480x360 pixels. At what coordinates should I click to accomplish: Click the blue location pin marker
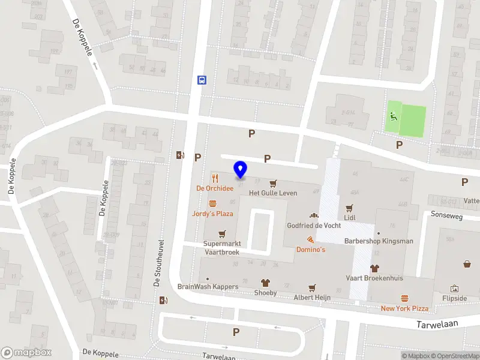241,170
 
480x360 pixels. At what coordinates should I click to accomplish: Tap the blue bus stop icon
202,80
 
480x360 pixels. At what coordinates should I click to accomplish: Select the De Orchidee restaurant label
215,188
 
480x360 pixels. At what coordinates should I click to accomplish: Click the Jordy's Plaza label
212,214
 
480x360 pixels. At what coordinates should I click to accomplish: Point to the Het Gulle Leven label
273,193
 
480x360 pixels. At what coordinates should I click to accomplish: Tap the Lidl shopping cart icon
349,209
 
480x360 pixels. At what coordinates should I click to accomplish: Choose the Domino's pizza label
311,249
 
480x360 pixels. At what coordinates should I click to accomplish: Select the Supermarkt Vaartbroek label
221,248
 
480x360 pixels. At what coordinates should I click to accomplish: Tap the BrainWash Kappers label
208,286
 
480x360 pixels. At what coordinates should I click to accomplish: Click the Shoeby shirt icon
265,283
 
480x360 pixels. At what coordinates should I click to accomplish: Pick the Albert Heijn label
312,297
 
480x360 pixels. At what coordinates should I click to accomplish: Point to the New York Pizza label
404,308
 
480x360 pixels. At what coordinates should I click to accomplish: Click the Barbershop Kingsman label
379,241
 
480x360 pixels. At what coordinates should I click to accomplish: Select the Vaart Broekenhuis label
374,278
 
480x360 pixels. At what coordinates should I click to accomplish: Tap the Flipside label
454,298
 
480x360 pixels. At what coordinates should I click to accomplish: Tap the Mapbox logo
26,353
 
